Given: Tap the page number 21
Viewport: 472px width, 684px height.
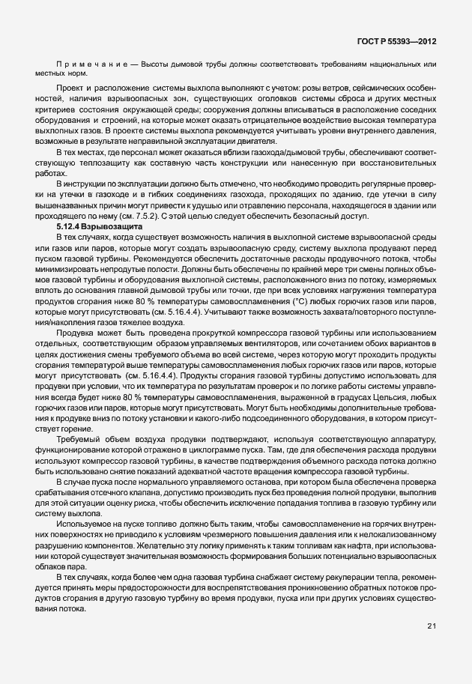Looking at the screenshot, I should [432, 626].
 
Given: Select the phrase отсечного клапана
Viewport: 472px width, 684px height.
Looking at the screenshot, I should [121, 491].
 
